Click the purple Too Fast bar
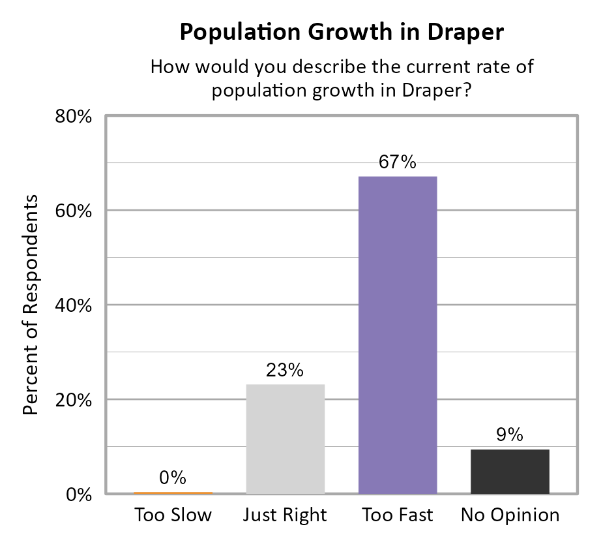[x=398, y=335]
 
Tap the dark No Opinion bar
[x=510, y=471]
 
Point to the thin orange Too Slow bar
[x=173, y=493]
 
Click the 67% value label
[x=398, y=162]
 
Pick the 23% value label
[x=286, y=371]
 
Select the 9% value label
[x=510, y=435]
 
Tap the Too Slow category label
[x=173, y=515]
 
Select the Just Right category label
[x=285, y=515]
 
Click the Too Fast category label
[x=398, y=515]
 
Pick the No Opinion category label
[x=510, y=515]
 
